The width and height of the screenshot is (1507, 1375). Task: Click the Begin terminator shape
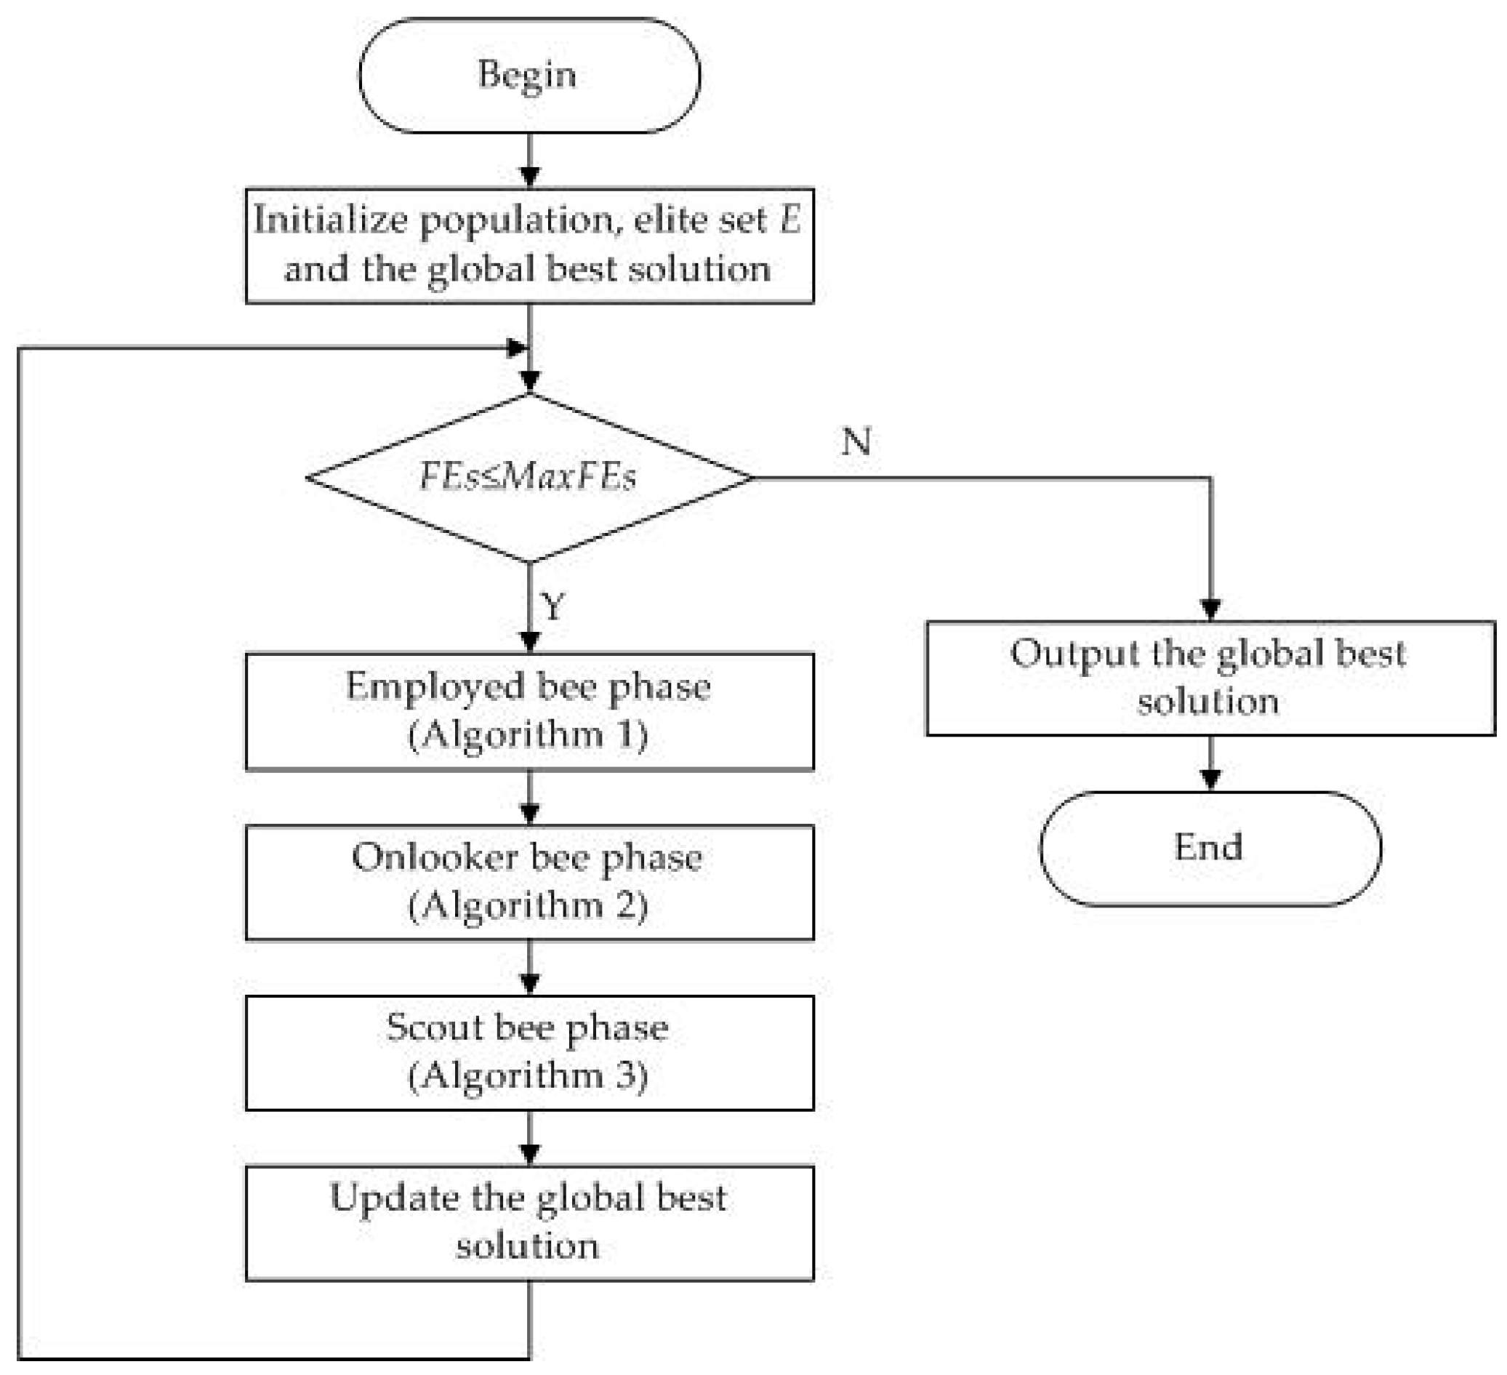[529, 76]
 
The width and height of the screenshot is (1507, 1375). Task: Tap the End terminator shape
[1210, 849]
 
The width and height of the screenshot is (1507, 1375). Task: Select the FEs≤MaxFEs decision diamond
[529, 478]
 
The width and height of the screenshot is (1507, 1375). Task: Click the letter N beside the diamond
[856, 442]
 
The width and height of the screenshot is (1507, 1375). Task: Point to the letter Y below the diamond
[552, 606]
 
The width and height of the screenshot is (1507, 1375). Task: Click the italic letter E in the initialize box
[790, 220]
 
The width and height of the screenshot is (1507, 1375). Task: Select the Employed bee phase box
[529, 711]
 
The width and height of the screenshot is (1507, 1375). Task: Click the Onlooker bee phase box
[529, 882]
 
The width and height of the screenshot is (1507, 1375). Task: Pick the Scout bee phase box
[529, 1052]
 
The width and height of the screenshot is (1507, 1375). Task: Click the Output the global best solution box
[1210, 678]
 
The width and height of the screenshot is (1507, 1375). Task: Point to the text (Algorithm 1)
[528, 736]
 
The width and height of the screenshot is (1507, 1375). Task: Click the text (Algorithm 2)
[528, 906]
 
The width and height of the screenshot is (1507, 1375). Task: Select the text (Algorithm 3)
[528, 1077]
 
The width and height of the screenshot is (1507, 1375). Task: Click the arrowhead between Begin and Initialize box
[529, 177]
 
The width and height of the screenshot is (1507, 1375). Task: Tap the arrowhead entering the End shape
[1210, 779]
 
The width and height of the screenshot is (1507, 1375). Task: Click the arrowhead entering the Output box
[1210, 609]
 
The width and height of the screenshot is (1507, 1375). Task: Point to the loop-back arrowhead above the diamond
[517, 348]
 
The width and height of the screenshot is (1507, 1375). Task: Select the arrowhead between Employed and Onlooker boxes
[529, 814]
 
